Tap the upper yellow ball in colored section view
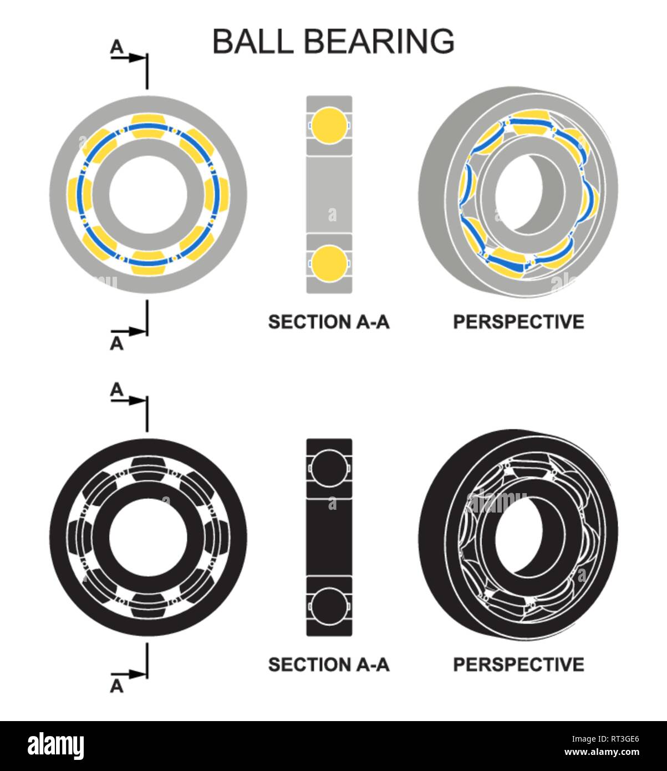click(x=329, y=125)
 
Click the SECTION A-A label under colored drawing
click(x=329, y=322)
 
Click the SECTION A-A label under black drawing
click(x=329, y=665)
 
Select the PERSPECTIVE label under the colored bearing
click(x=518, y=322)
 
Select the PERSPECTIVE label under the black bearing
click(x=518, y=665)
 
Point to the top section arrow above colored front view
click(x=129, y=58)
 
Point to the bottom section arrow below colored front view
click(x=129, y=332)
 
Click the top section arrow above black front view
click(x=129, y=400)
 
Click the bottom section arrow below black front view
click(x=129, y=674)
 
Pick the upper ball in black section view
click(x=329, y=468)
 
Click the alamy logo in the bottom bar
click(x=56, y=746)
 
